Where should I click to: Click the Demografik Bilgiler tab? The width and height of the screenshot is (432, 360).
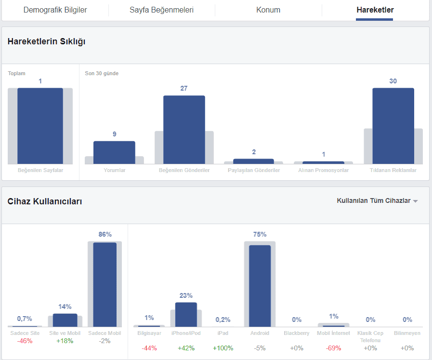(55, 10)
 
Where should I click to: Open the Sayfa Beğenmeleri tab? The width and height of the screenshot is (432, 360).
(161, 10)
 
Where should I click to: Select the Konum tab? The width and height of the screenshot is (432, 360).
(268, 10)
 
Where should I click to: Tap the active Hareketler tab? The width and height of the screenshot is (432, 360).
(375, 10)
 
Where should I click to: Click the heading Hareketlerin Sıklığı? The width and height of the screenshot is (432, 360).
(46, 41)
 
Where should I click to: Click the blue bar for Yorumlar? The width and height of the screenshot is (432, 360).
(114, 153)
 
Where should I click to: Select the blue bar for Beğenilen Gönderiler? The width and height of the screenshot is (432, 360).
(184, 130)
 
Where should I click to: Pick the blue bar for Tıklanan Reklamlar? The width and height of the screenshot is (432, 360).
(393, 126)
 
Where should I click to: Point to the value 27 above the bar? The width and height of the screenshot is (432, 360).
(184, 88)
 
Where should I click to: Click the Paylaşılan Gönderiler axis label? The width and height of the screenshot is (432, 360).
(254, 170)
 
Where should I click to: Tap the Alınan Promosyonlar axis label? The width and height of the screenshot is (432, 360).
(323, 170)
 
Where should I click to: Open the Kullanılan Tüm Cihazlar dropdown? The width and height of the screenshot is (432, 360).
(377, 201)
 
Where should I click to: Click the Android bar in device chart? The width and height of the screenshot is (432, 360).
(260, 286)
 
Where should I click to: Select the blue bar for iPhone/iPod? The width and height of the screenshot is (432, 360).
(186, 315)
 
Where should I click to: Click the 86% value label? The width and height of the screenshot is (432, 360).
(105, 234)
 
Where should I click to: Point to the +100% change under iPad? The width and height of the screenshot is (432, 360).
(223, 348)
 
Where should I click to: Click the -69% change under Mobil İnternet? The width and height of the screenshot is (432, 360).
(334, 348)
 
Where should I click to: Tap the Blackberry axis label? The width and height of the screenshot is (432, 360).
(297, 333)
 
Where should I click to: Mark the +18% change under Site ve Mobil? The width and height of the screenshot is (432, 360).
(65, 341)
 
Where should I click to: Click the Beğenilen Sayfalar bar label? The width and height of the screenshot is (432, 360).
(40, 170)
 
